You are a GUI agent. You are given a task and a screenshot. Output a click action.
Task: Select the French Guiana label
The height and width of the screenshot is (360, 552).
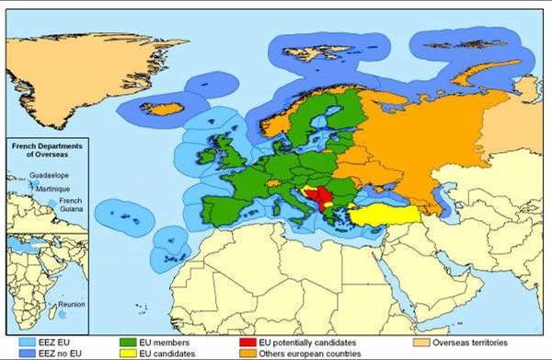pyautogui.click(x=70, y=204)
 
